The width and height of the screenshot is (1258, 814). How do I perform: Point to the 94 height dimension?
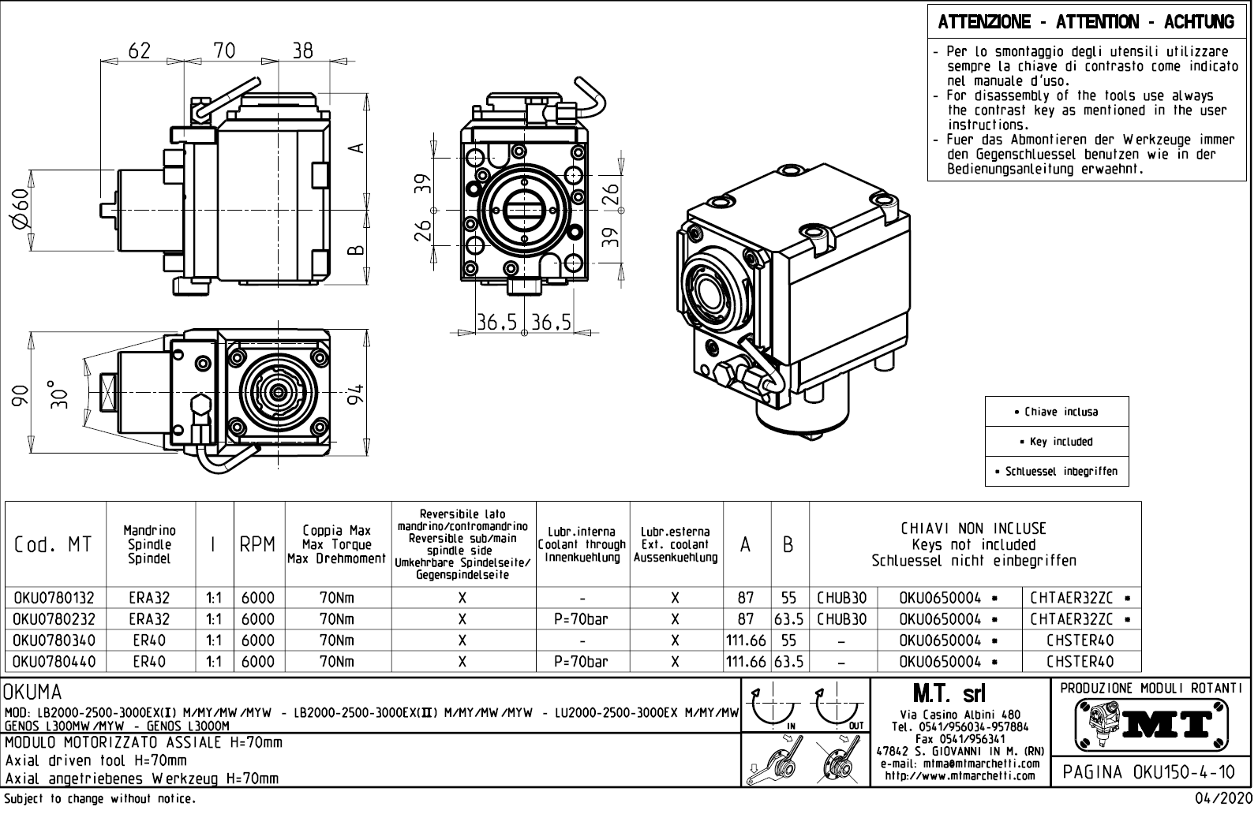[357, 394]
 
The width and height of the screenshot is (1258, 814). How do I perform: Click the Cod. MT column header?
[53, 545]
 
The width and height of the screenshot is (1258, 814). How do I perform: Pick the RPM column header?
[257, 545]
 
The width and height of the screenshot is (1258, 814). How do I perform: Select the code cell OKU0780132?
[54, 599]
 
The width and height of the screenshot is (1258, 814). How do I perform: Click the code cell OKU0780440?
[54, 663]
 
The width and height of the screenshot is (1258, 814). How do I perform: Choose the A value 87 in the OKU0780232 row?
[745, 620]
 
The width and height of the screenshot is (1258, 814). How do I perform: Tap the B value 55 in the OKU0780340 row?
[788, 641]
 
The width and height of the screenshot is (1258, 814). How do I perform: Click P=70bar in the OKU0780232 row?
[582, 620]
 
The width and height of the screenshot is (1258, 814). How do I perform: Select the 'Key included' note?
[1057, 442]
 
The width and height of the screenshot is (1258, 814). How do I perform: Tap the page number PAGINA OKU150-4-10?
[1153, 771]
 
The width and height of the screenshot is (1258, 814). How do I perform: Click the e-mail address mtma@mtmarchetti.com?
[960, 764]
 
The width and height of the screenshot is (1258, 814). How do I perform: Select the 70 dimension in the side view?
[224, 50]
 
